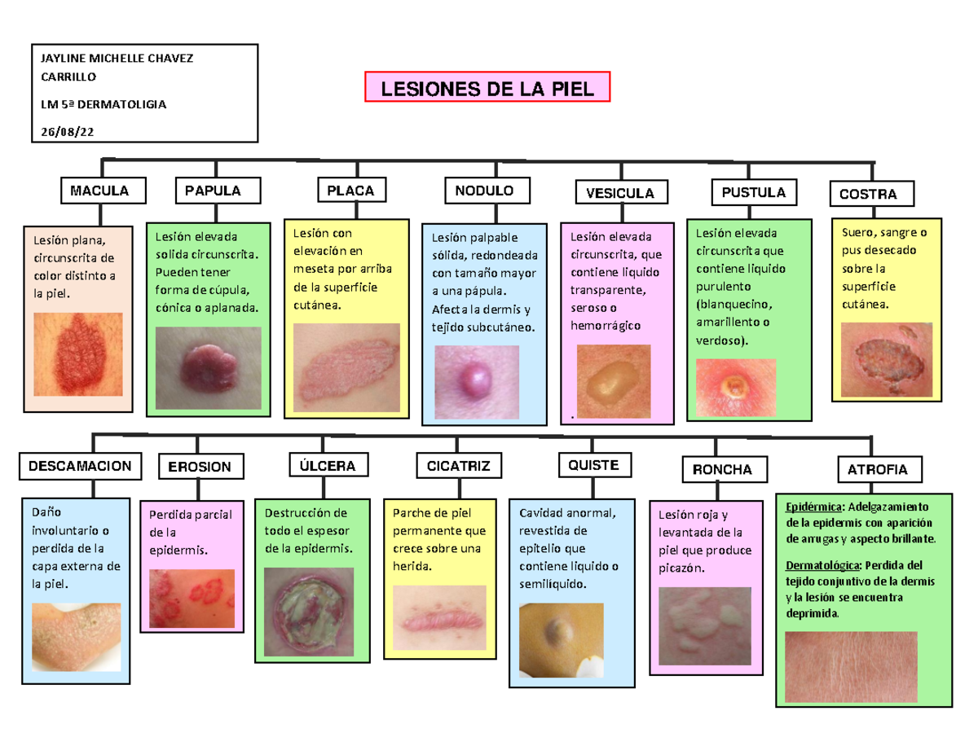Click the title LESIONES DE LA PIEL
(x=487, y=87)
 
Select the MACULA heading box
(x=99, y=191)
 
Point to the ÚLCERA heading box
(x=322, y=465)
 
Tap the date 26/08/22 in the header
(x=67, y=130)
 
